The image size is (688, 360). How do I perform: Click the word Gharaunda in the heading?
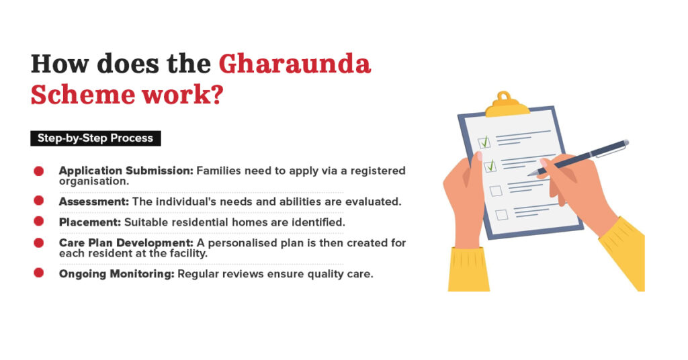click(x=294, y=64)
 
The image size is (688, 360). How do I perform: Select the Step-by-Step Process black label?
click(x=95, y=138)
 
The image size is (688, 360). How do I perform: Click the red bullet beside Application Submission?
click(x=39, y=171)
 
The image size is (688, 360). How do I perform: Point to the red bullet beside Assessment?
click(x=39, y=201)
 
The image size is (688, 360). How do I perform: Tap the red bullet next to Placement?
click(x=39, y=221)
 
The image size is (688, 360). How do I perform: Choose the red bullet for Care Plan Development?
click(x=39, y=242)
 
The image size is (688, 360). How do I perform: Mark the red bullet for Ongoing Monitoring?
click(x=39, y=273)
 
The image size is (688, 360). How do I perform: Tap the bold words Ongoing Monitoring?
click(x=117, y=273)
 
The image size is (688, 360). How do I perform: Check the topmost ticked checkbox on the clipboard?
click(x=484, y=142)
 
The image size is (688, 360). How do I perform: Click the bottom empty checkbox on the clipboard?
click(x=501, y=215)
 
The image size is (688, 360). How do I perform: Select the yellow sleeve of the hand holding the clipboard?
click(x=468, y=269)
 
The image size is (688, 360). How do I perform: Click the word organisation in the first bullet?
click(x=91, y=181)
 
